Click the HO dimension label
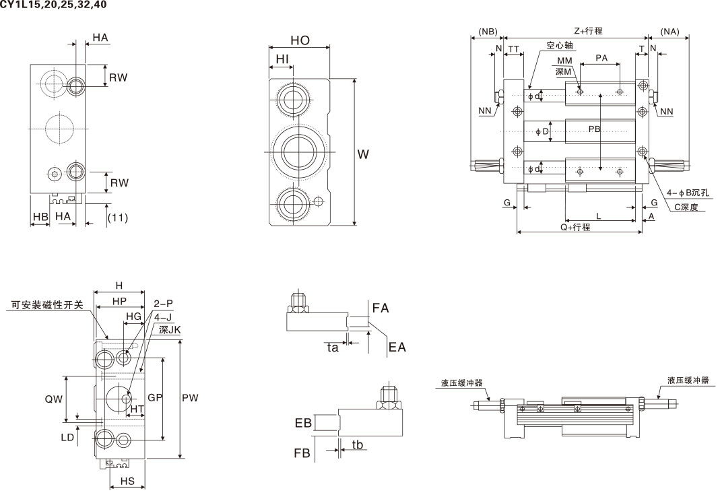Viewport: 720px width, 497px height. tap(300, 40)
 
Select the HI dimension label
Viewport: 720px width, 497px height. tap(282, 59)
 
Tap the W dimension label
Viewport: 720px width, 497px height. tap(363, 154)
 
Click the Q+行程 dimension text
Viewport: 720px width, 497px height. tap(575, 227)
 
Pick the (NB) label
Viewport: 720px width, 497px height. tap(487, 31)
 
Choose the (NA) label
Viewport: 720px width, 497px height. tap(669, 31)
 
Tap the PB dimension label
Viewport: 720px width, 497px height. tap(594, 129)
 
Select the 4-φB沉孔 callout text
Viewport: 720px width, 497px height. tap(688, 193)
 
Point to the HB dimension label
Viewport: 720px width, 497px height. tap(40, 216)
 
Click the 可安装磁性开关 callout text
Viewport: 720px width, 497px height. tap(47, 304)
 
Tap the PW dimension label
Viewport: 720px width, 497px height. tap(190, 398)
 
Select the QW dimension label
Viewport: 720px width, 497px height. tap(54, 399)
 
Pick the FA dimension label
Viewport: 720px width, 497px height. tap(381, 308)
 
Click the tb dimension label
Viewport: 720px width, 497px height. tap(358, 444)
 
